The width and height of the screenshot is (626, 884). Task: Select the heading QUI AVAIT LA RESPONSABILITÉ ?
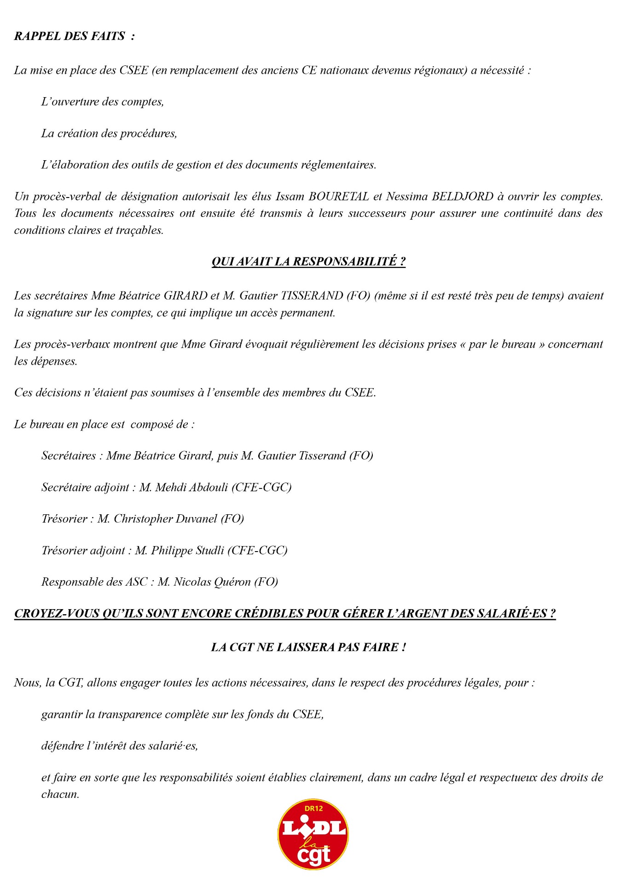[308, 262]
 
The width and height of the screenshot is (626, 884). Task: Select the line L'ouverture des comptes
[103, 102]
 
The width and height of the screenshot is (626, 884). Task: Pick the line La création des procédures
[109, 134]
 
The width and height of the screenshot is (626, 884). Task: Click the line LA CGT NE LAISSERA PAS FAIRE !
[308, 647]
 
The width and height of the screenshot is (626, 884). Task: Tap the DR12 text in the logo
[313, 808]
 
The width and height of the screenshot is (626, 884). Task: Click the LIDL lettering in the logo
[313, 828]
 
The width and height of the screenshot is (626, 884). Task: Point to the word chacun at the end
[60, 794]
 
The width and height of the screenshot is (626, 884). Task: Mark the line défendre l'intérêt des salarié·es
[120, 746]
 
